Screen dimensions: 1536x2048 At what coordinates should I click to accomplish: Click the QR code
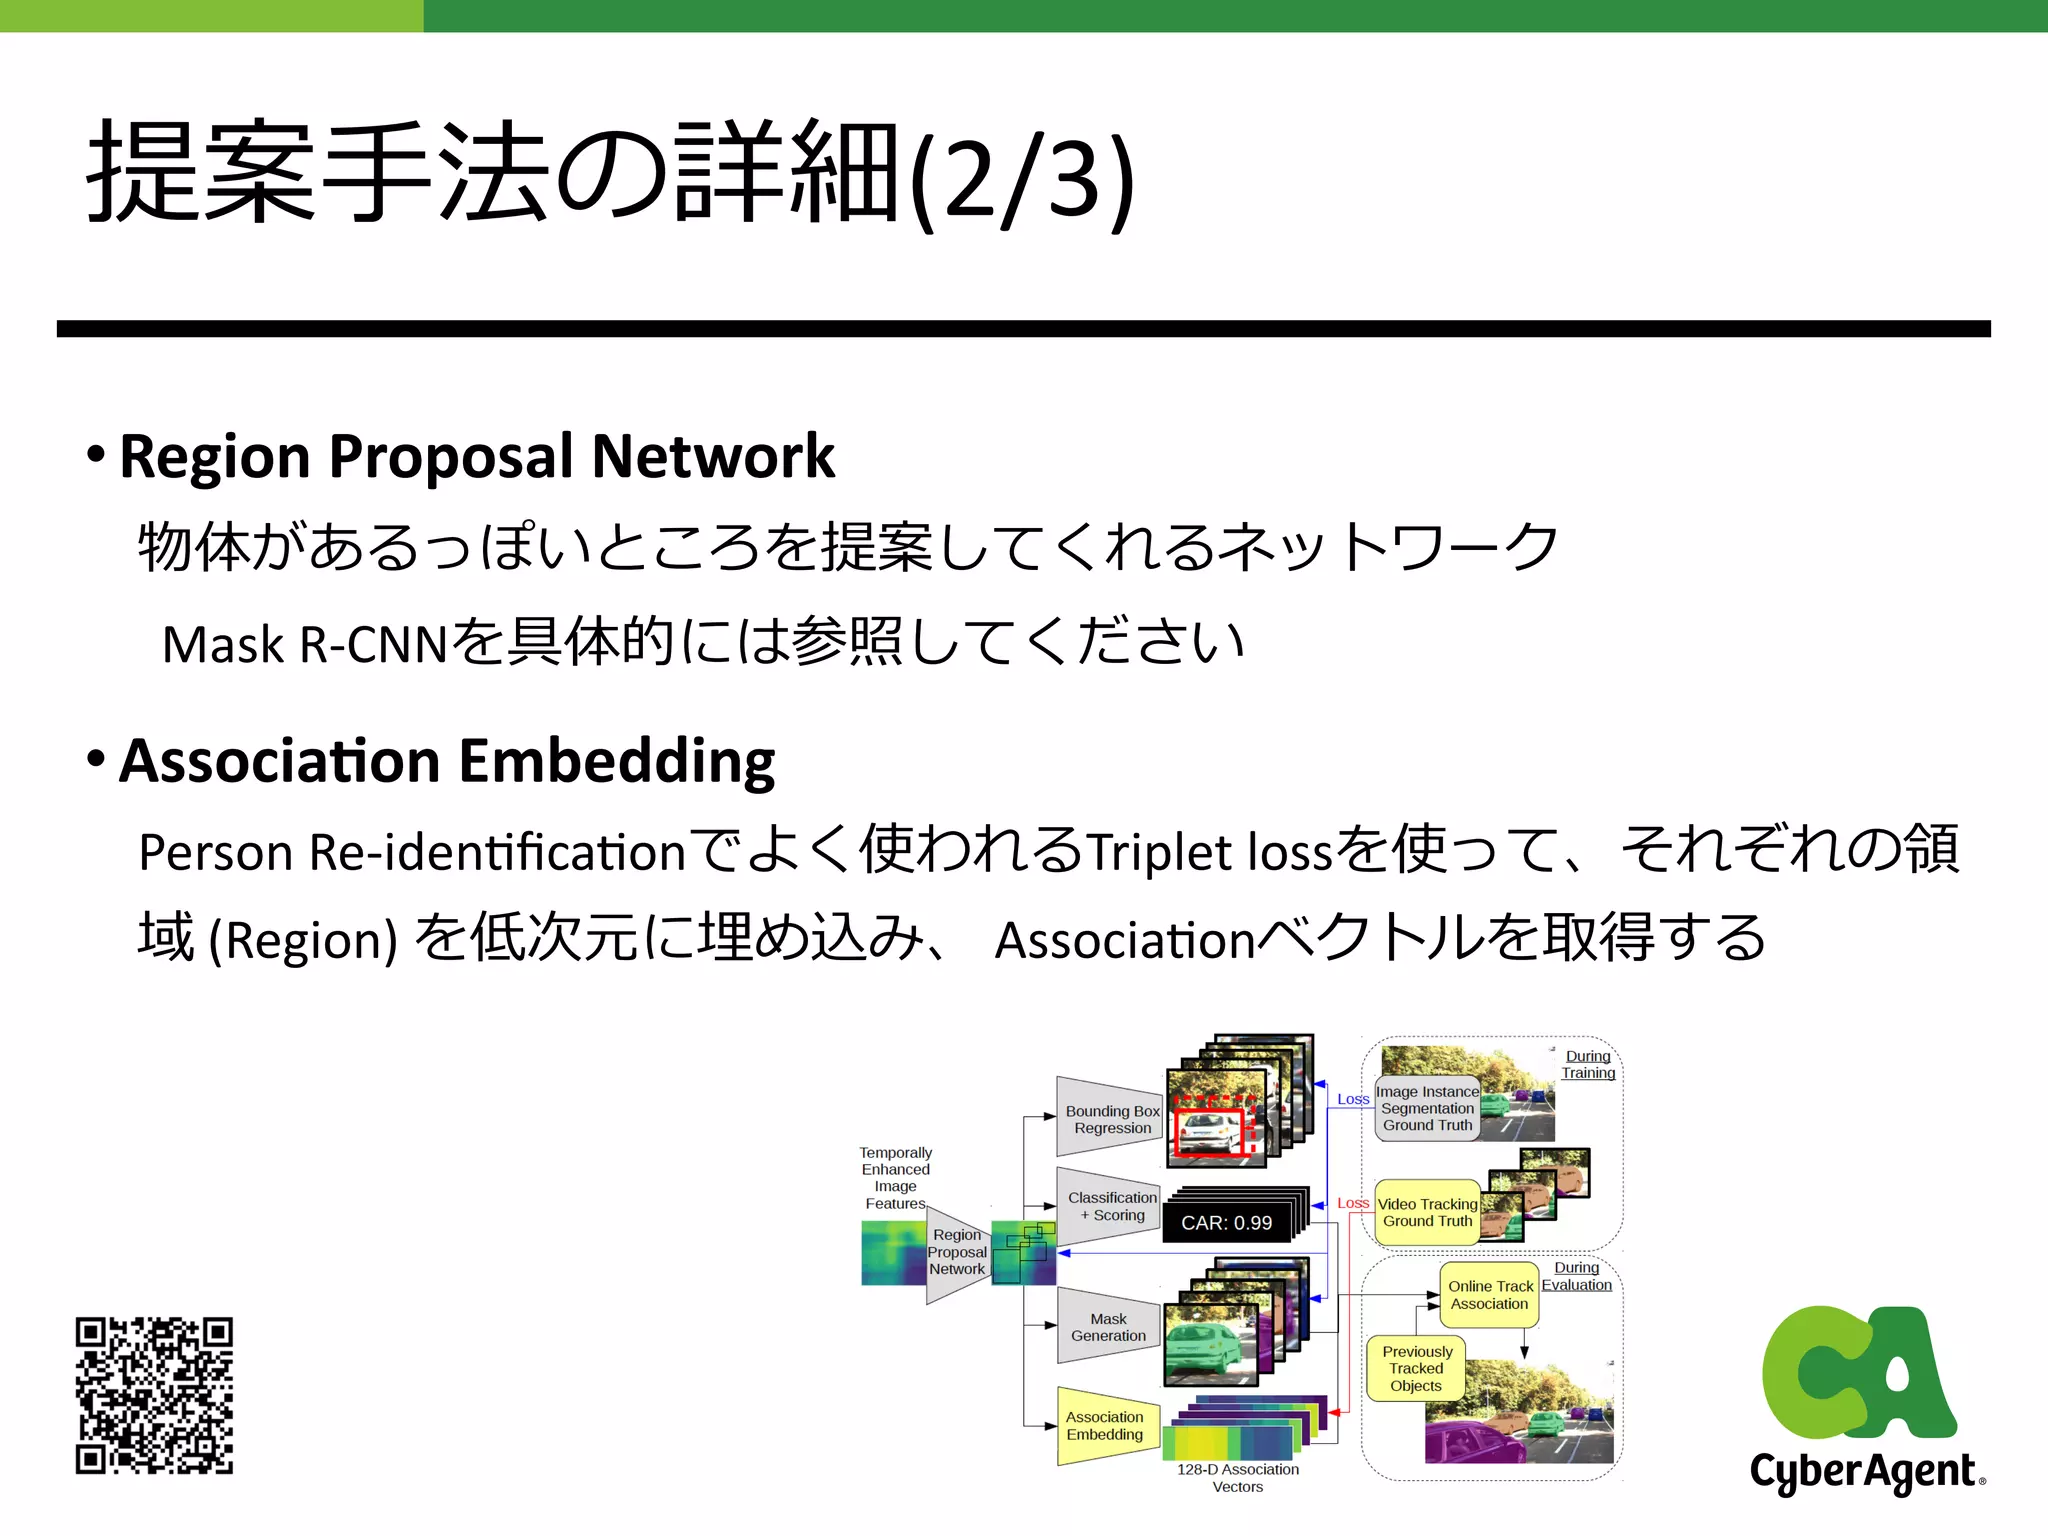pyautogui.click(x=154, y=1395)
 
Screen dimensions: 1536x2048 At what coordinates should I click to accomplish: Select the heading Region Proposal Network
pyautogui.click(x=476, y=456)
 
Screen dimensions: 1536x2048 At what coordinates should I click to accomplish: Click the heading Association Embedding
pyautogui.click(x=446, y=761)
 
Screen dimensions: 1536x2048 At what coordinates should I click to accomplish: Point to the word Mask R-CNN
pyautogui.click(x=304, y=644)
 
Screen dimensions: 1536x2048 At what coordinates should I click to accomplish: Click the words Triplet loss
pyautogui.click(x=1209, y=852)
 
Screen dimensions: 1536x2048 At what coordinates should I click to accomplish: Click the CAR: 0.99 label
pyautogui.click(x=1226, y=1223)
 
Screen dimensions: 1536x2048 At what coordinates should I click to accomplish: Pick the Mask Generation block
pyautogui.click(x=1108, y=1327)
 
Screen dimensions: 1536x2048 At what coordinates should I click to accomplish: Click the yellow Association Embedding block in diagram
pyautogui.click(x=1105, y=1426)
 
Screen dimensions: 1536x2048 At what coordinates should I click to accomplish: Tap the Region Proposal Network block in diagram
pyautogui.click(x=956, y=1252)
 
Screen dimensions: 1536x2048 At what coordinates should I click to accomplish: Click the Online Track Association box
pyautogui.click(x=1490, y=1295)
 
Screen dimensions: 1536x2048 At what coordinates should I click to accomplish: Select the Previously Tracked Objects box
pyautogui.click(x=1416, y=1368)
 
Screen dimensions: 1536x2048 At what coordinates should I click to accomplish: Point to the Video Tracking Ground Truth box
pyautogui.click(x=1427, y=1212)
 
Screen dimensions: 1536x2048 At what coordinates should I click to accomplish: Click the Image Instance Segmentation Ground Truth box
pyautogui.click(x=1427, y=1108)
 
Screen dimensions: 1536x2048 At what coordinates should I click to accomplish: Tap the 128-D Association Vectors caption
pyautogui.click(x=1238, y=1478)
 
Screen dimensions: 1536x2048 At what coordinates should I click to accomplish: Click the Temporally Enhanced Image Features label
pyautogui.click(x=895, y=1178)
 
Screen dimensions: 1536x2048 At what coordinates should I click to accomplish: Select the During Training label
pyautogui.click(x=1588, y=1064)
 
